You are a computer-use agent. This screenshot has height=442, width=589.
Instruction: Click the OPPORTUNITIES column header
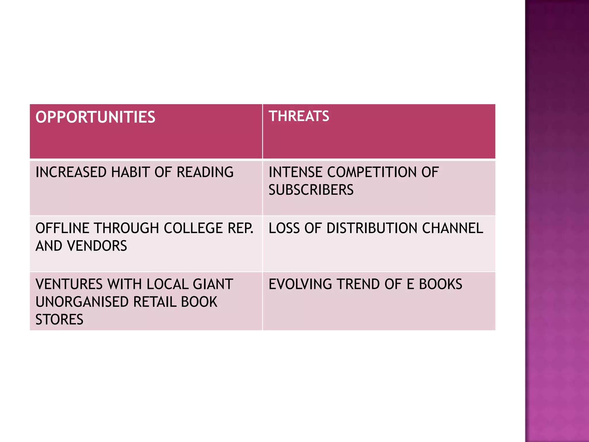tap(95, 117)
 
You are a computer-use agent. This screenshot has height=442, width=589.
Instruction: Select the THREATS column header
tap(299, 116)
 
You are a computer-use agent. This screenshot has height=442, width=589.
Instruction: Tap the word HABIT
tap(131, 172)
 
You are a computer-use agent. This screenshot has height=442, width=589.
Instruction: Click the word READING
tap(205, 172)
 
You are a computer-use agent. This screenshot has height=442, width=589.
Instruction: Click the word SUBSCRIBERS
tap(311, 190)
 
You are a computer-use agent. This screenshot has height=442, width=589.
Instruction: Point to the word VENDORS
tap(97, 246)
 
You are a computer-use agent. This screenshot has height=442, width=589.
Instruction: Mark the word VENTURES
tap(69, 284)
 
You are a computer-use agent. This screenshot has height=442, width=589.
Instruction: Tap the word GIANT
tap(213, 284)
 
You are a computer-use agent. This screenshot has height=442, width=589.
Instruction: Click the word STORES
tap(59, 319)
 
